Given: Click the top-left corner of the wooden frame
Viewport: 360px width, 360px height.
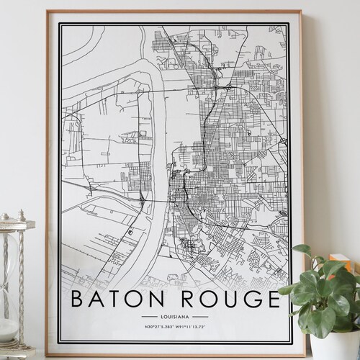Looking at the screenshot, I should [48, 12].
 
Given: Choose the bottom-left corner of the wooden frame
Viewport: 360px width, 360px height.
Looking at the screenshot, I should [48, 354].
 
